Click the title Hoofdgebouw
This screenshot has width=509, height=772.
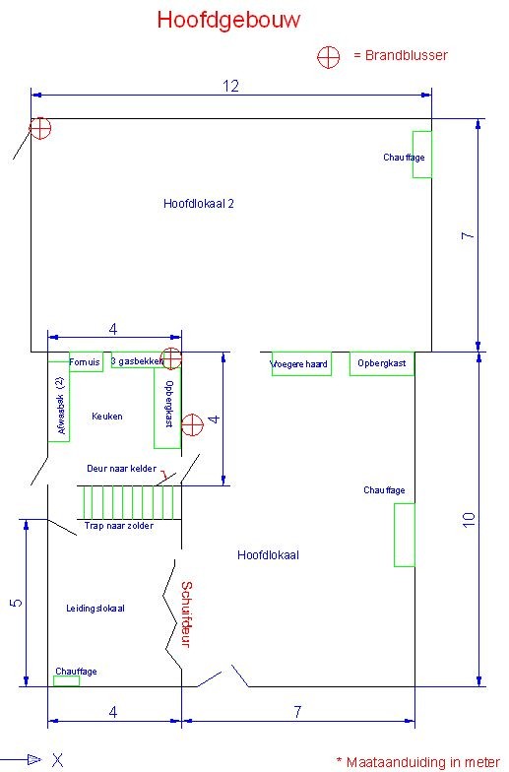pos(228,21)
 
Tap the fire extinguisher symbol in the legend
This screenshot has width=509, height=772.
pos(329,57)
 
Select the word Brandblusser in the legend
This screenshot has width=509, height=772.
pos(406,55)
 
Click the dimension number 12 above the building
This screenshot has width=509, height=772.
pos(230,87)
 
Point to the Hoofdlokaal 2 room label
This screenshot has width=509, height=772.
pos(199,203)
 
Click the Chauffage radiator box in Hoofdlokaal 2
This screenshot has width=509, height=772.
pos(422,155)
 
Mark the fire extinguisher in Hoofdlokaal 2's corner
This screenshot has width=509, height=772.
pos(39,128)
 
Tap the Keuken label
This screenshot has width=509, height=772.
pos(106,416)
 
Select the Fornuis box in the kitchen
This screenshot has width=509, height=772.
pos(86,362)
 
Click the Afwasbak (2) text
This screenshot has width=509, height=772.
pos(61,406)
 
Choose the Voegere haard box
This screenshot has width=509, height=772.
pos(301,364)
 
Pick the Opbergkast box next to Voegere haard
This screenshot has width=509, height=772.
pos(382,364)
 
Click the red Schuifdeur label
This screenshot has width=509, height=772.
pos(186,614)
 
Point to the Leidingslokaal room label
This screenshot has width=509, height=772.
pos(95,609)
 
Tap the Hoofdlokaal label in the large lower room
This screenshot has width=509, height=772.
pos(268,555)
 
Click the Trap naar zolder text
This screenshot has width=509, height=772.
pos(118,526)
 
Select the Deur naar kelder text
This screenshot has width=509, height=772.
pos(121,469)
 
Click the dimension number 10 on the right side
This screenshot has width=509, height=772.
pos(469,520)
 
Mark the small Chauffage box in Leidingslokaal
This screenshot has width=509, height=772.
pos(67,681)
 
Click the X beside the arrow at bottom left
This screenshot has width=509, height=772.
pos(57,760)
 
